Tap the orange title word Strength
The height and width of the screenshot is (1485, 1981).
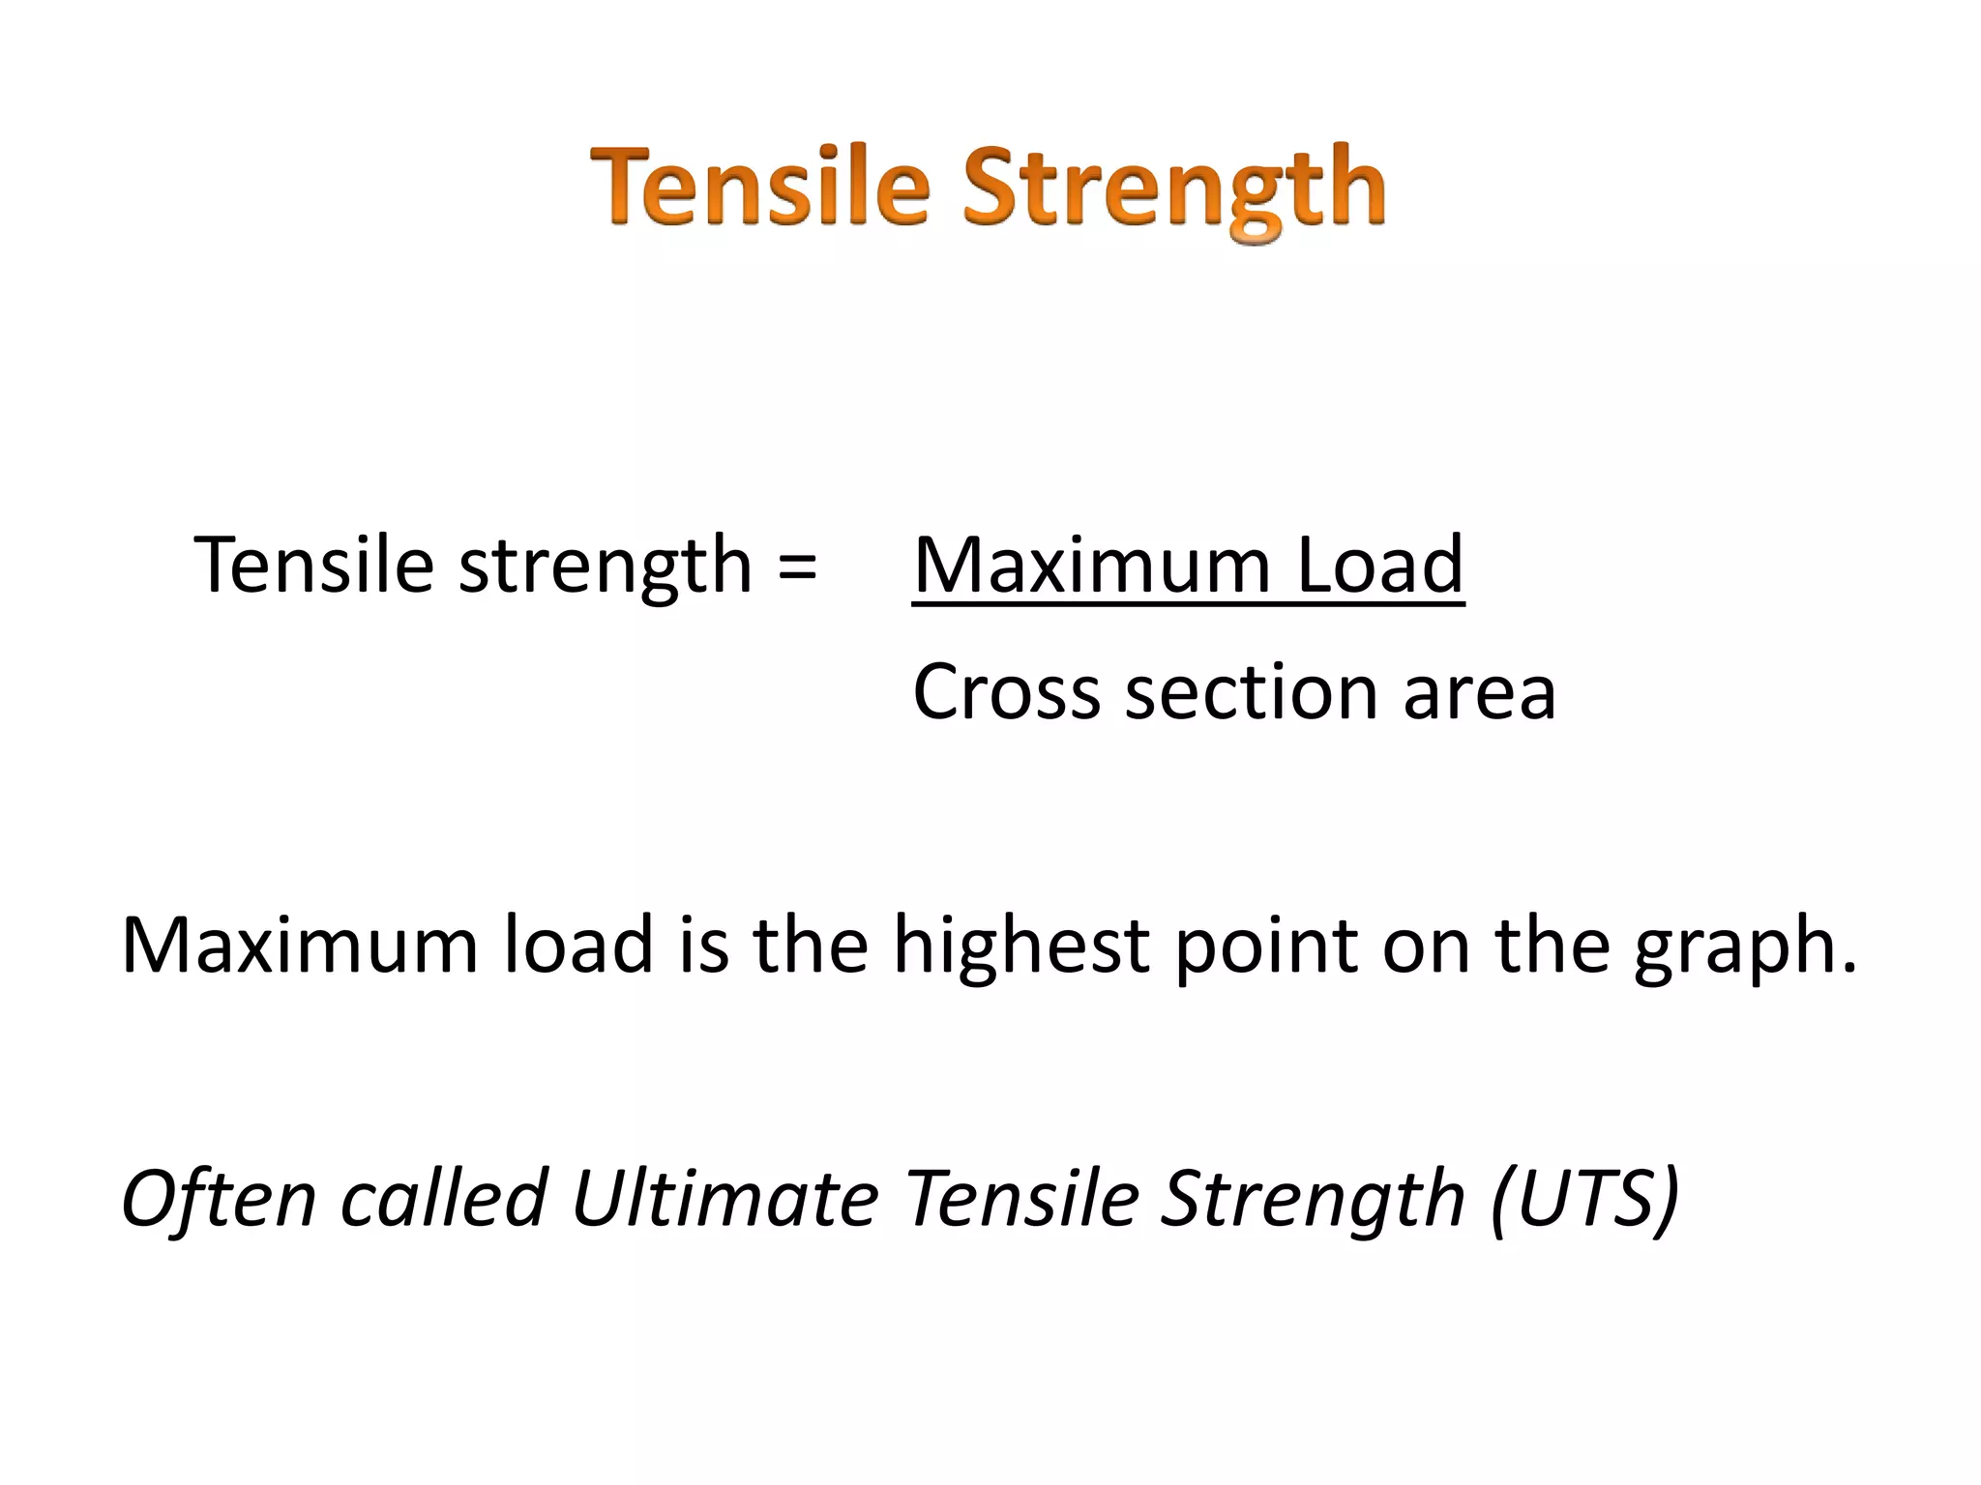1174,189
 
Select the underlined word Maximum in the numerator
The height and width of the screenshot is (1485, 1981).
1091,566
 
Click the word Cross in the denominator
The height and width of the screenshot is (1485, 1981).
1006,692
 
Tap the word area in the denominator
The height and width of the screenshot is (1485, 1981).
1479,694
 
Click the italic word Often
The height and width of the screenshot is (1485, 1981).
219,1199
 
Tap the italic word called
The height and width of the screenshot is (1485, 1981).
445,1199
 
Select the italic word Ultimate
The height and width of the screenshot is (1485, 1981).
725,1199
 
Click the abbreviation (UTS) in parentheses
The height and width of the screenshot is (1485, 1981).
1584,1199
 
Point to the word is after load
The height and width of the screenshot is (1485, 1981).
703,945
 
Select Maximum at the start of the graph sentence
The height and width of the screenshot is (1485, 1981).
300,945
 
